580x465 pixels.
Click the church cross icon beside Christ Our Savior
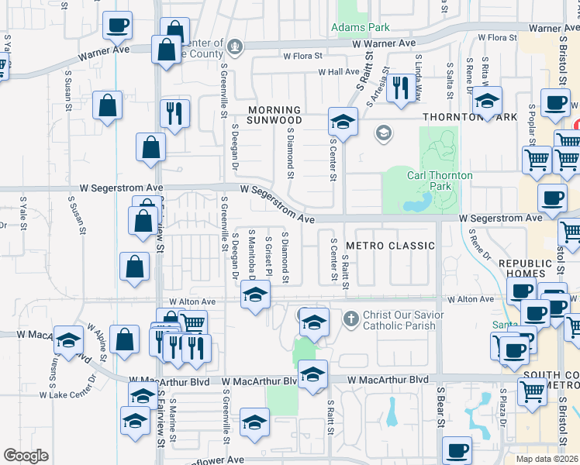point(350,318)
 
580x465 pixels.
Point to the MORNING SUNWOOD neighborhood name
point(274,115)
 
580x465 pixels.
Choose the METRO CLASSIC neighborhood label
point(390,246)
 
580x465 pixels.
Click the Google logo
point(26,455)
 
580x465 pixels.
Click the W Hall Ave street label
point(338,72)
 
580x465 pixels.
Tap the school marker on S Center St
point(341,122)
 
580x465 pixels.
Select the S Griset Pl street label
point(269,256)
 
